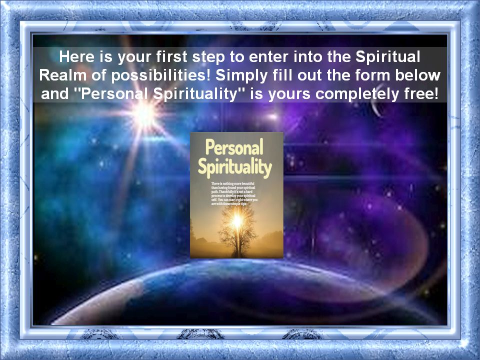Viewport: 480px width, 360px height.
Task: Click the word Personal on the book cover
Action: pyautogui.click(x=234, y=148)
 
